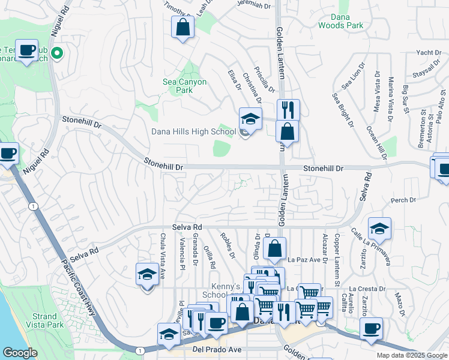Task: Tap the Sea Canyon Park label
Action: click(185, 86)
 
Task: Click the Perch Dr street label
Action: click(403, 200)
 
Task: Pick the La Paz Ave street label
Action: click(301, 260)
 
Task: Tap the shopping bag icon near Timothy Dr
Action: click(183, 27)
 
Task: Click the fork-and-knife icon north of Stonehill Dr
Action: click(289, 109)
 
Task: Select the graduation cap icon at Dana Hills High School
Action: click(251, 118)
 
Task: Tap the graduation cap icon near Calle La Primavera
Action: click(379, 229)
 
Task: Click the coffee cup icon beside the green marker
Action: click(26, 50)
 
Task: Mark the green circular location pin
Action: click(58, 53)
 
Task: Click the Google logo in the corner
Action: click(20, 353)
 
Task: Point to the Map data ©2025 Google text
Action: click(411, 355)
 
